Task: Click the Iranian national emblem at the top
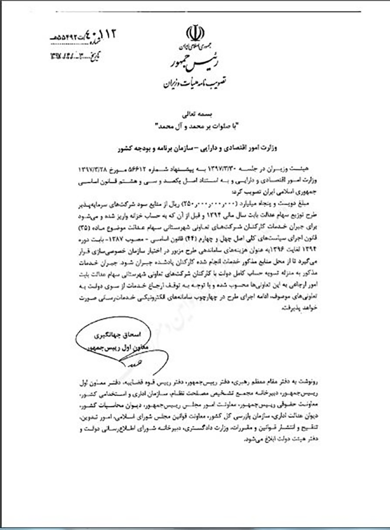195,34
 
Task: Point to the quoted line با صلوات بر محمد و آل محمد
195,127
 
